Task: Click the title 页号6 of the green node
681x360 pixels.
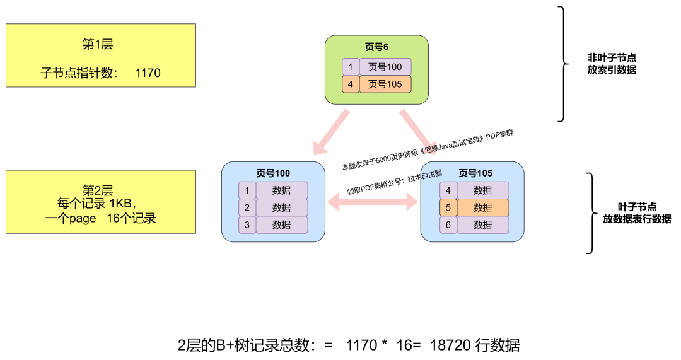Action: click(376, 47)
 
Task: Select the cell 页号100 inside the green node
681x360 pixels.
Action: click(385, 67)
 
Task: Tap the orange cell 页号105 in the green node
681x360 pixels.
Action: click(385, 84)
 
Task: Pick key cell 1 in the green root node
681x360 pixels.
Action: click(350, 67)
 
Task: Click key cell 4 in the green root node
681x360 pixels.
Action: click(350, 84)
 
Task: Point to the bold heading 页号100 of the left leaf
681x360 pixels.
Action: click(272, 173)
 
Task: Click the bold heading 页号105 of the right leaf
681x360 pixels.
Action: click(475, 173)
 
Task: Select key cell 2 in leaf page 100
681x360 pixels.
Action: click(247, 207)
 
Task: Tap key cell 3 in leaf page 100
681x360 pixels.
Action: click(247, 225)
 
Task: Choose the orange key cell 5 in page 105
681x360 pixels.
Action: click(448, 207)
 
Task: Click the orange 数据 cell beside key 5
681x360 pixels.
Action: click(482, 207)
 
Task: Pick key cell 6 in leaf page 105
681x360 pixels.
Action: click(448, 225)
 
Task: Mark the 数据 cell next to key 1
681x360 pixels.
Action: click(281, 190)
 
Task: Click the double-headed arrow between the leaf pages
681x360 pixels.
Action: click(373, 202)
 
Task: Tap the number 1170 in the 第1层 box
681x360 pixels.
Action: click(148, 73)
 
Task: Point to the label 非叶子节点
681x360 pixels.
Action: click(612, 57)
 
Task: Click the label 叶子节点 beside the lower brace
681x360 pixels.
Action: click(637, 207)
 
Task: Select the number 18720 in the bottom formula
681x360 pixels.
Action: click(450, 345)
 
